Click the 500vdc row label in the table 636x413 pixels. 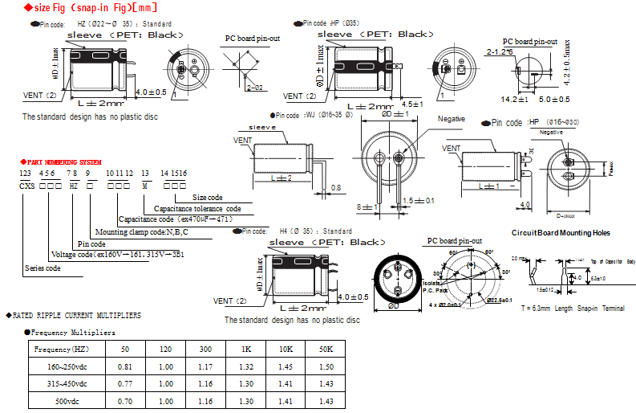pyautogui.click(x=62, y=400)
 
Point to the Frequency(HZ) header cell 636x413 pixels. pyautogui.click(x=62, y=349)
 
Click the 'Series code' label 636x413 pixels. pyautogui.click(x=43, y=268)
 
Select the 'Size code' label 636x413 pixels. pyautogui.click(x=208, y=197)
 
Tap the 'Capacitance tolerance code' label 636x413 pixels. pyautogui.click(x=197, y=208)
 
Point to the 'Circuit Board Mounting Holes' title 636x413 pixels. pyautogui.click(x=561, y=233)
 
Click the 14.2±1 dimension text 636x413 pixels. pyautogui.click(x=514, y=100)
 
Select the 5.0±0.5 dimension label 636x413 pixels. pyautogui.click(x=553, y=100)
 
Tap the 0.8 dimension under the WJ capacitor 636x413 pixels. pyautogui.click(x=336, y=187)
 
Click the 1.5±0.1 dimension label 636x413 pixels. pyautogui.click(x=419, y=200)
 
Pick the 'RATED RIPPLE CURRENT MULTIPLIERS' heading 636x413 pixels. pyautogui.click(x=77, y=315)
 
